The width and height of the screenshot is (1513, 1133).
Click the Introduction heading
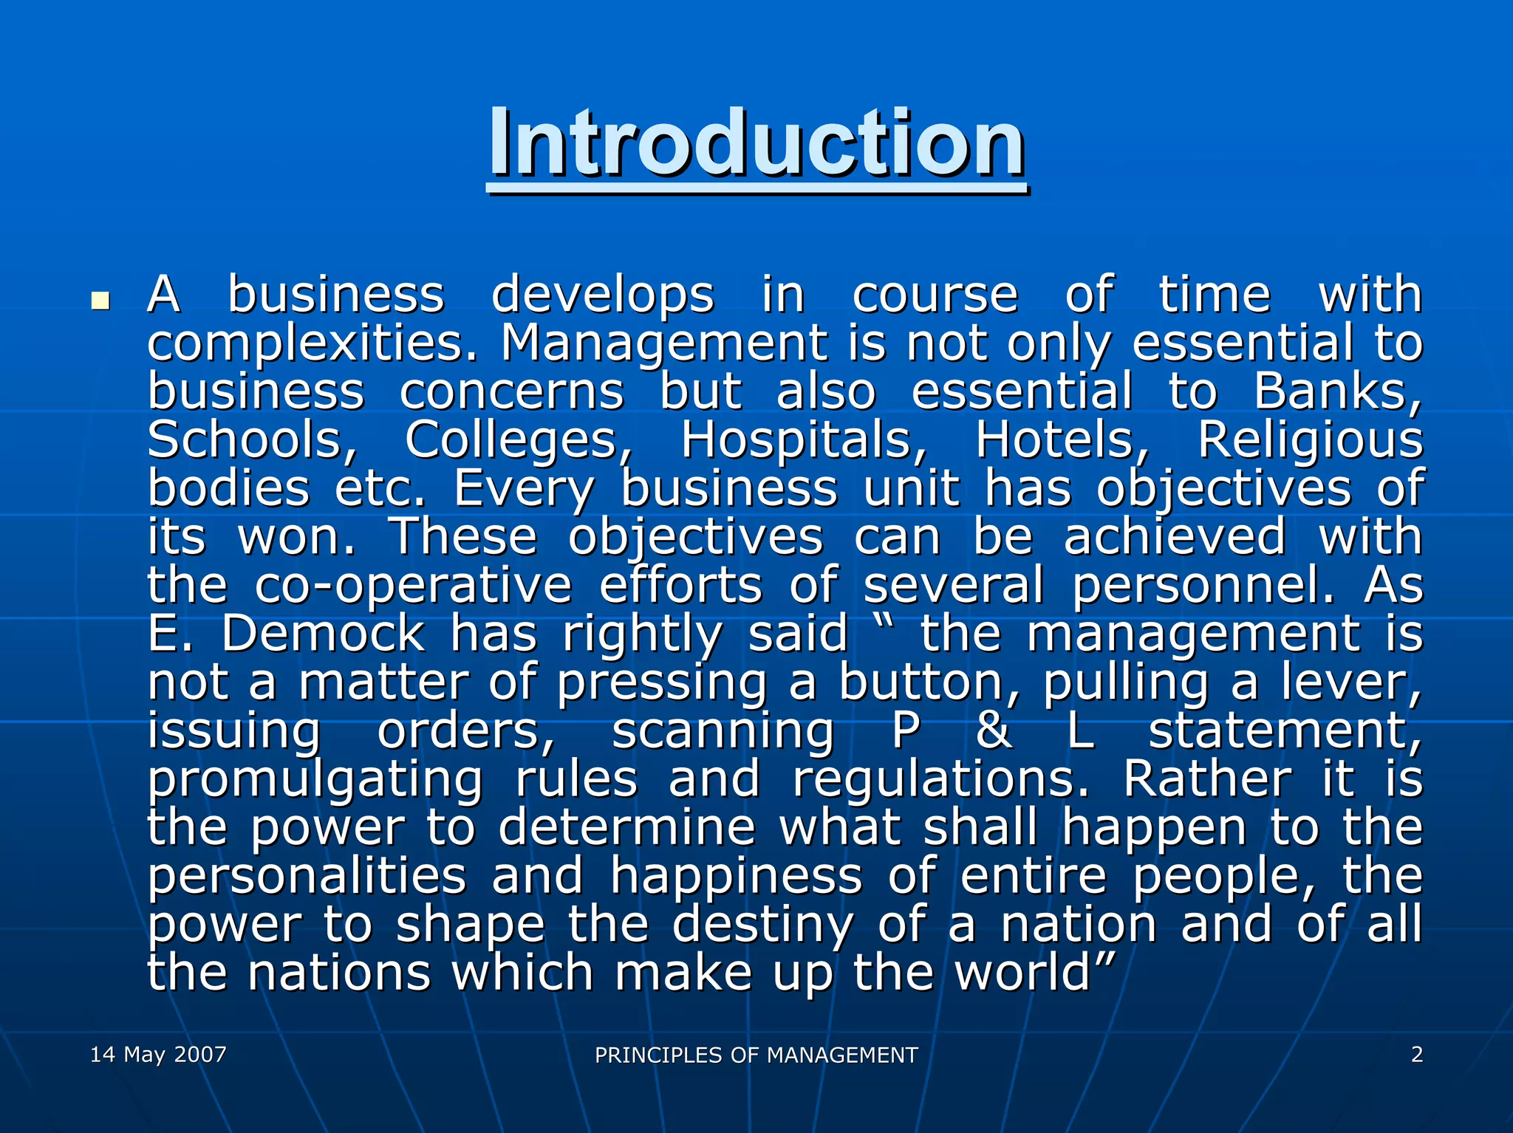[x=756, y=144]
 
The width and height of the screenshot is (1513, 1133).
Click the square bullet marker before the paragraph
[x=99, y=301]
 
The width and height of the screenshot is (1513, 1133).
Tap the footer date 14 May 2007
[x=158, y=1054]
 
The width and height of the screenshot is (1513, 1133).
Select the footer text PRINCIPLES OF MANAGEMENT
[x=756, y=1055]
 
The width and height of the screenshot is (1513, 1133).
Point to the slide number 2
[x=1416, y=1054]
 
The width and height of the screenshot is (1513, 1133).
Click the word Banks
[x=1337, y=391]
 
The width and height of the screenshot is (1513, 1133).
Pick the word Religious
[x=1310, y=440]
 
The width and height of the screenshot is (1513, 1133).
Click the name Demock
[x=324, y=634]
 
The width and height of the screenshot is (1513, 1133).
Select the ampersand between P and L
[x=994, y=730]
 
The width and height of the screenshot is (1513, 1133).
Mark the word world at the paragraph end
[x=1023, y=973]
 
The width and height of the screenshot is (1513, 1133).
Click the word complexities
[x=313, y=344]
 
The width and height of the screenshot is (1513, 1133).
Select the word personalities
[x=307, y=876]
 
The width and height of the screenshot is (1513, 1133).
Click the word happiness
[x=736, y=876]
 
